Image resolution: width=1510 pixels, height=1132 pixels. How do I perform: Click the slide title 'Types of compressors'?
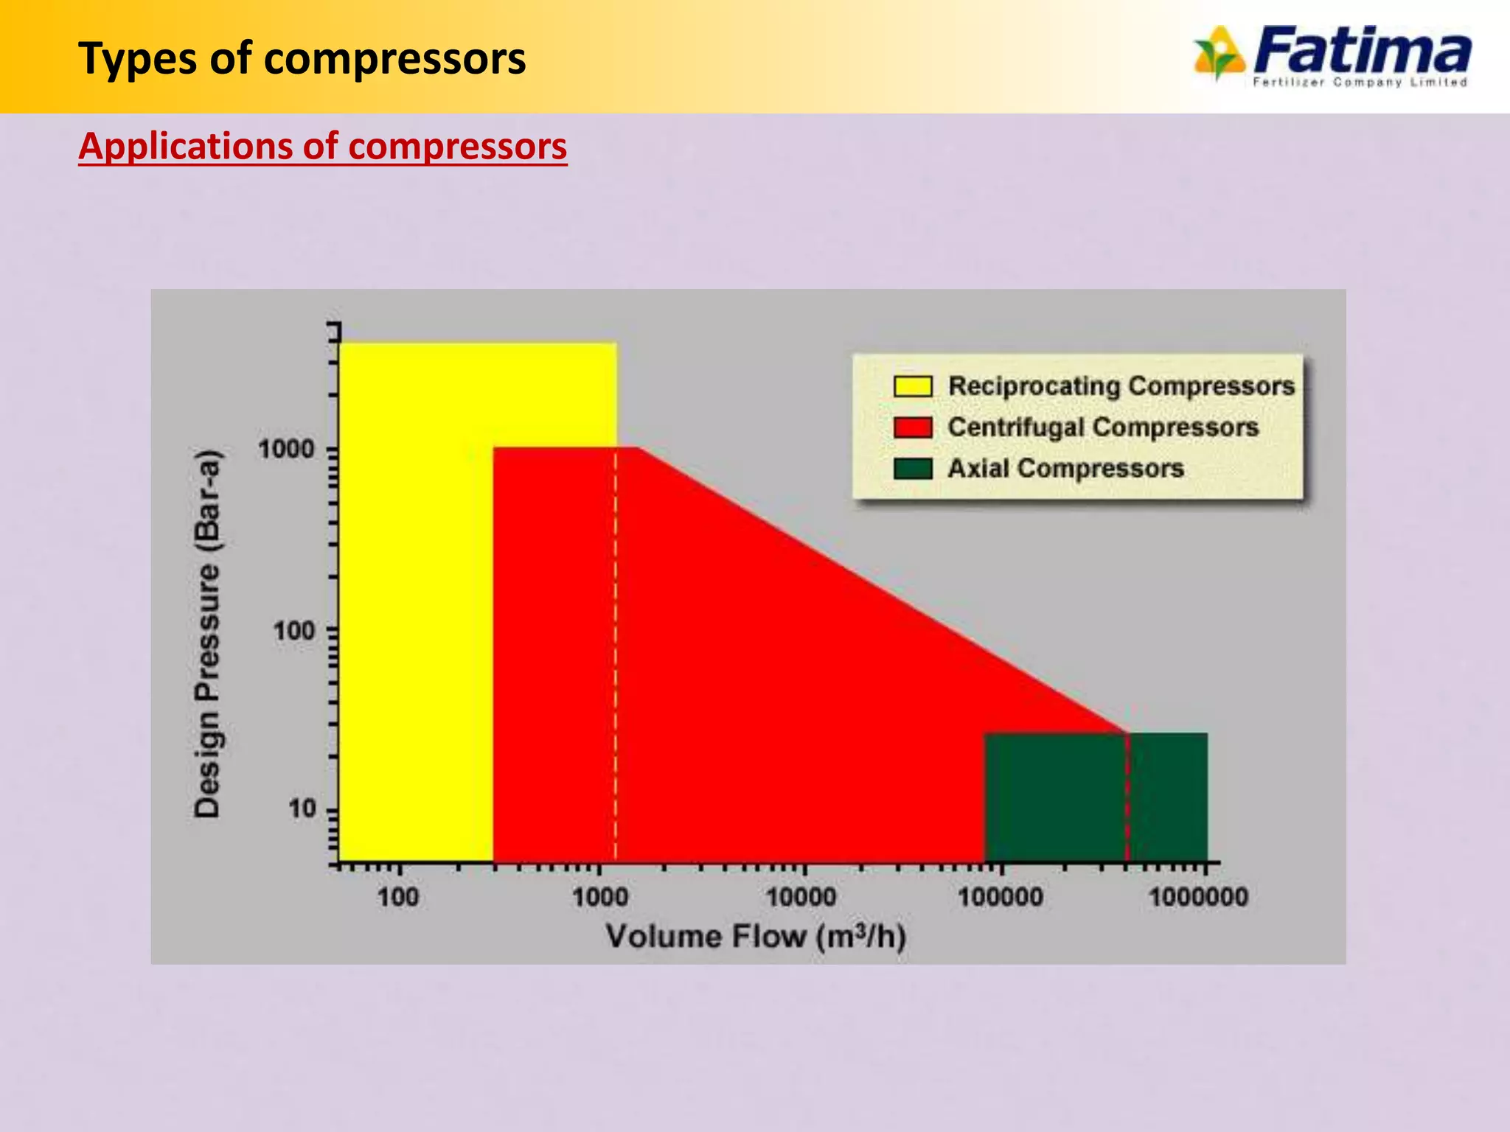coord(302,59)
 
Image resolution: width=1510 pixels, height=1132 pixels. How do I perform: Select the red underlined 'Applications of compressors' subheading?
coord(323,147)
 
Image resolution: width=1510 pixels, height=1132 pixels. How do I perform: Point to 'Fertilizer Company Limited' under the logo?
coord(1360,83)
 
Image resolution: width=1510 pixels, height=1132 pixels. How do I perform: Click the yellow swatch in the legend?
coord(912,386)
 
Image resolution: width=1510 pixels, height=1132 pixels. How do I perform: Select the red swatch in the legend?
coord(912,427)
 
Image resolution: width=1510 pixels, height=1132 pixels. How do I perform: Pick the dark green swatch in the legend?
coord(912,469)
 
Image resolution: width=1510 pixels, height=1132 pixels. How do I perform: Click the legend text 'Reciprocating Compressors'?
coord(1121,386)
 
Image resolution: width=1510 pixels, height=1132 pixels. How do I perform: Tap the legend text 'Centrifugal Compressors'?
coord(1103,427)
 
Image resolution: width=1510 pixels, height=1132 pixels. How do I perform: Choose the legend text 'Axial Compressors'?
coord(1065,469)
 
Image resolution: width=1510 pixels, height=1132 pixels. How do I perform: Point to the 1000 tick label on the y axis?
coord(287,449)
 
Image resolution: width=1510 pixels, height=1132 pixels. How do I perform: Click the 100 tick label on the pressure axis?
coord(294,631)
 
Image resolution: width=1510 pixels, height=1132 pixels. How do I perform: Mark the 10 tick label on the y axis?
coord(302,810)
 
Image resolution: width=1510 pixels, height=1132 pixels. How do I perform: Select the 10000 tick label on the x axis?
coord(801,898)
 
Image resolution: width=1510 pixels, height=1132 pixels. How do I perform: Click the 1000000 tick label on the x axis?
coord(1198,898)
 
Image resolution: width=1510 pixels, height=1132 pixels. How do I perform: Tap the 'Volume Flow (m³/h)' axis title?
coord(756,937)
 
